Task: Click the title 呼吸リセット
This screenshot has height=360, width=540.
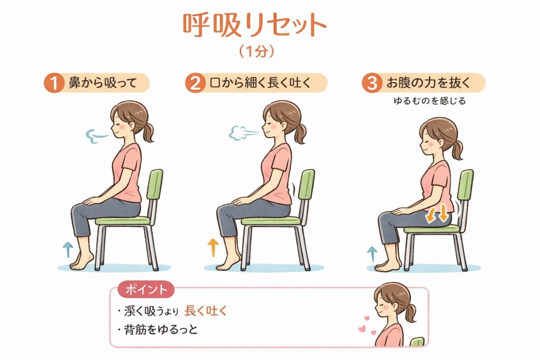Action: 254,26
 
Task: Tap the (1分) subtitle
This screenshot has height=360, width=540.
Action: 257,52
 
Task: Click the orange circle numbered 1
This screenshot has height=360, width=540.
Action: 54,83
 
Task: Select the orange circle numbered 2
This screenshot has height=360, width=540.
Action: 195,83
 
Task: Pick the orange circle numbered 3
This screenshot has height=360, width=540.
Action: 372,83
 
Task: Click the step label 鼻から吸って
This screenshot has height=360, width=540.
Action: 103,83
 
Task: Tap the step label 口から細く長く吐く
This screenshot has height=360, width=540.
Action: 261,83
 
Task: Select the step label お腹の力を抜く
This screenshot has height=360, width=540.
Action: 428,83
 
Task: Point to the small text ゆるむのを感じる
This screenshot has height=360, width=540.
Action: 429,101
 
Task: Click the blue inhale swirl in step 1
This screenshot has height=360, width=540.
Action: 97,136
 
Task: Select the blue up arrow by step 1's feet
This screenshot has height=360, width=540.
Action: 68,249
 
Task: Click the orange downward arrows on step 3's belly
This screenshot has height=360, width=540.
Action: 437,213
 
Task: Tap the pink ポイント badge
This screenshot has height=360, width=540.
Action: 146,289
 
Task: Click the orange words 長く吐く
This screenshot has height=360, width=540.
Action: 206,311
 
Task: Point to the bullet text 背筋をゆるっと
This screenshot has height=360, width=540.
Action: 161,330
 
